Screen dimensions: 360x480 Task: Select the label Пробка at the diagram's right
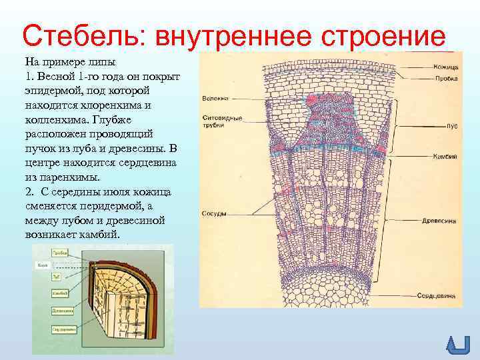445,79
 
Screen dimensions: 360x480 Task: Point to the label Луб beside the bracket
451,125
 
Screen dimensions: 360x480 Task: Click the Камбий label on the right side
445,156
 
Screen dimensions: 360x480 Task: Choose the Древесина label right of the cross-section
441,220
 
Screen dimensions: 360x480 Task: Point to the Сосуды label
214,214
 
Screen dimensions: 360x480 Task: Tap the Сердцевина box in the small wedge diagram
62,328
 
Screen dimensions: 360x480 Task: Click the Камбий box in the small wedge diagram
61,293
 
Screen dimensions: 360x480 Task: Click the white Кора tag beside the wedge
41,265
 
